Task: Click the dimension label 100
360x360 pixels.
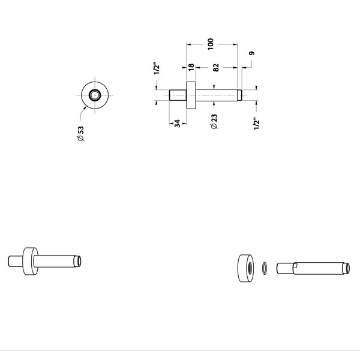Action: [211, 44]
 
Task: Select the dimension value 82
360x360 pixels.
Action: [216, 67]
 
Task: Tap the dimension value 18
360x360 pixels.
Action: [191, 67]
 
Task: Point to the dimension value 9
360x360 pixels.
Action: [251, 53]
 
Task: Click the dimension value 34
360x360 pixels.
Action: [177, 124]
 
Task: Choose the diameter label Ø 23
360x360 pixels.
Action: [214, 121]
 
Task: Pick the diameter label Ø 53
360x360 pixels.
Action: [80, 133]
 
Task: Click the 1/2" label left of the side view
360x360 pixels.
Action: [157, 68]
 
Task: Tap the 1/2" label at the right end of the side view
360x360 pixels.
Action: [256, 124]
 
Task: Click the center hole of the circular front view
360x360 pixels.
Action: [95, 95]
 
